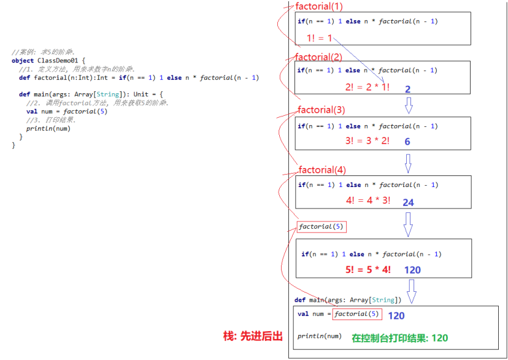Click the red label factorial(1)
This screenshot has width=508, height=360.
pyautogui.click(x=319, y=6)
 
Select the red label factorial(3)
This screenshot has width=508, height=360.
pyautogui.click(x=321, y=110)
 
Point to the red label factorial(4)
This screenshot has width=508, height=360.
pyautogui.click(x=323, y=169)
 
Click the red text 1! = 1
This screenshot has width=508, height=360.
pyautogui.click(x=320, y=38)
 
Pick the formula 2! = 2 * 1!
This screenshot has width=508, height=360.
pyautogui.click(x=367, y=87)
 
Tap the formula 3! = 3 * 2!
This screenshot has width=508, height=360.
pyautogui.click(x=367, y=141)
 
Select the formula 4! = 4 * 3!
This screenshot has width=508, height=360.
pyautogui.click(x=368, y=200)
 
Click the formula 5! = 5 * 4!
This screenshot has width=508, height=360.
pyautogui.click(x=368, y=269)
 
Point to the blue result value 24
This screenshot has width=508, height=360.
pyautogui.click(x=408, y=202)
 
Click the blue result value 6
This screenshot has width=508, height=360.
pyautogui.click(x=407, y=142)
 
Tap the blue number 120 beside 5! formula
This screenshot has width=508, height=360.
pyautogui.click(x=412, y=270)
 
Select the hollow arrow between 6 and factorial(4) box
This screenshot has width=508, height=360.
pyautogui.click(x=408, y=163)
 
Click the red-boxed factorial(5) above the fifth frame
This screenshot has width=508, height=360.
pyautogui.click(x=322, y=227)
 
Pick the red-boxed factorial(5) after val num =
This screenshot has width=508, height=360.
pyautogui.click(x=356, y=314)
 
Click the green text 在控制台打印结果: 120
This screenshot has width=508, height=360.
pyautogui.click(x=399, y=338)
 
